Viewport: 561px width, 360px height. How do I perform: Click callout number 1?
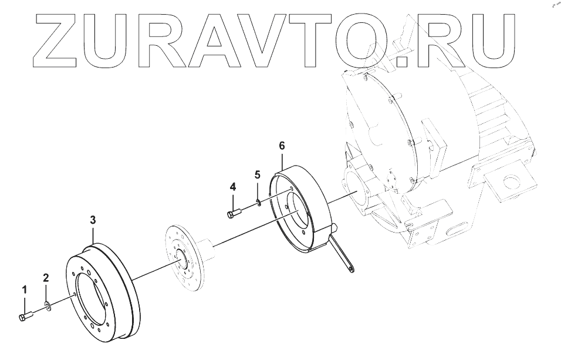click(25, 289)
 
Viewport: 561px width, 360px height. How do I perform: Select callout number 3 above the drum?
click(93, 220)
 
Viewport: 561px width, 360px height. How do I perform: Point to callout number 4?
click(233, 187)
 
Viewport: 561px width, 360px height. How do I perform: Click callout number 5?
click(257, 174)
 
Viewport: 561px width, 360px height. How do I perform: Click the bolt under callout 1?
click(26, 317)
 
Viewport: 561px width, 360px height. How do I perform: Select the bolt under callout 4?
click(232, 213)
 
